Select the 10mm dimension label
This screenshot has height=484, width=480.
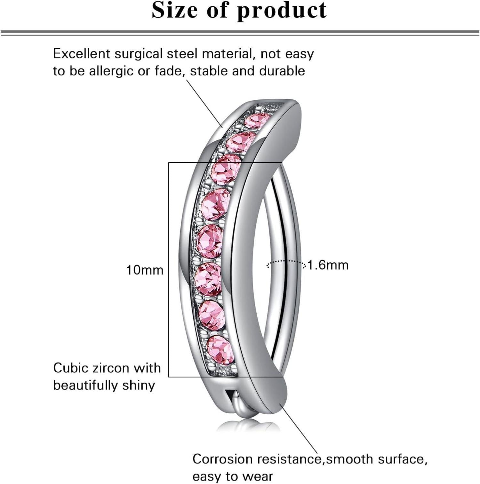pyautogui.click(x=145, y=270)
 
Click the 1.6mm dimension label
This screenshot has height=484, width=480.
pyautogui.click(x=328, y=265)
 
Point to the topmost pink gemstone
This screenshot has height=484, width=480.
pyautogui.click(x=257, y=121)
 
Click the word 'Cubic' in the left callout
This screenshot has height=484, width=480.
pyautogui.click(x=70, y=368)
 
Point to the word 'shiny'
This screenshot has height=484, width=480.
pyautogui.click(x=139, y=385)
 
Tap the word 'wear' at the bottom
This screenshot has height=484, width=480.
pyautogui.click(x=258, y=477)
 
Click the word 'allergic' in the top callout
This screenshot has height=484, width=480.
pyautogui.click(x=110, y=71)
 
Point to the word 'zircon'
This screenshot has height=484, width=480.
pyautogui.click(x=107, y=368)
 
